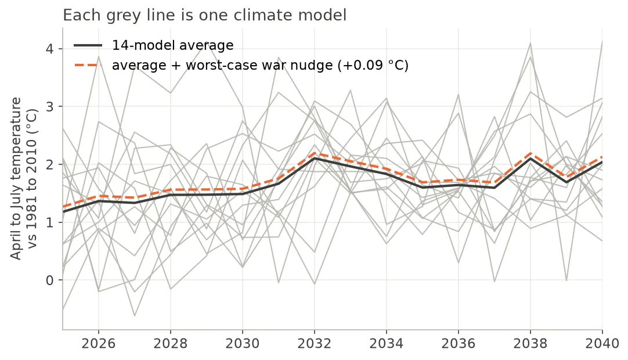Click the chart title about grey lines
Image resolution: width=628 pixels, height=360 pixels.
(204, 15)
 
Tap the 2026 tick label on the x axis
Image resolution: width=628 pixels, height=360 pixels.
(98, 344)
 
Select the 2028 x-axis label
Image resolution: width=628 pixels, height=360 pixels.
(170, 344)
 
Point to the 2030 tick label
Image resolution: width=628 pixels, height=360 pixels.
(242, 344)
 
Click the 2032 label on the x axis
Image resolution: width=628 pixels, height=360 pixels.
(315, 344)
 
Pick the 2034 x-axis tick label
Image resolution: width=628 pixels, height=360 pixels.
(386, 344)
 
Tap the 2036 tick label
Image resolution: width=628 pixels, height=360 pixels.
(458, 344)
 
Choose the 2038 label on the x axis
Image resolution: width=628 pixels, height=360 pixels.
(530, 344)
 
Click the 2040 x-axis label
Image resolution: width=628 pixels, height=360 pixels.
(602, 344)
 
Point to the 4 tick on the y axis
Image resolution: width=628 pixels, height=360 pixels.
(50, 49)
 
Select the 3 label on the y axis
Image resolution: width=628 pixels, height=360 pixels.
(50, 107)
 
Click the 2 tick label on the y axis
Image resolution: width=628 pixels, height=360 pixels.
(50, 164)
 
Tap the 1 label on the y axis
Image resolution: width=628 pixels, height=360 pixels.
(50, 222)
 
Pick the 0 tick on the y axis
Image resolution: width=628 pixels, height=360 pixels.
(50, 280)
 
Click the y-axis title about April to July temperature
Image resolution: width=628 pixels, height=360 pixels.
(23, 178)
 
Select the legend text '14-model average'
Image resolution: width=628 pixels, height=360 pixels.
(172, 45)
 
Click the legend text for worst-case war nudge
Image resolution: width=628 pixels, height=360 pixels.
(261, 65)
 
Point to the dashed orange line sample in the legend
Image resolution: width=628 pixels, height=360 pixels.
(88, 65)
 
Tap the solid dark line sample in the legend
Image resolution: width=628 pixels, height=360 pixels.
(88, 45)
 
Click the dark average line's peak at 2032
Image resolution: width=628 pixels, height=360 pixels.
(315, 158)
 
